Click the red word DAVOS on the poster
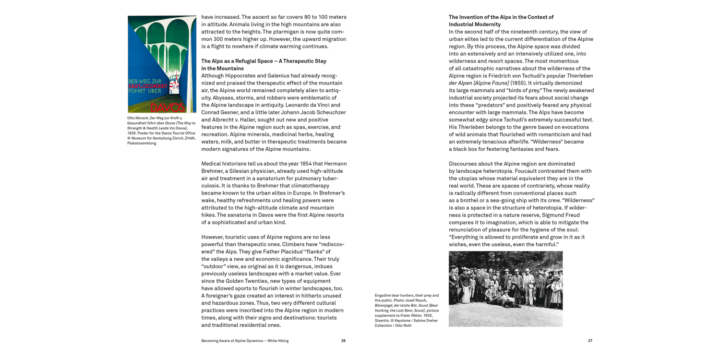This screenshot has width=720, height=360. coord(168,108)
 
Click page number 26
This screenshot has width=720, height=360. coord(343,341)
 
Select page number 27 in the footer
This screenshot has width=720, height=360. coord(590,341)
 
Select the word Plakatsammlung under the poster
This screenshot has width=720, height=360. coord(142,143)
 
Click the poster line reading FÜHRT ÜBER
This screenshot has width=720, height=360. coord(144,91)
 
